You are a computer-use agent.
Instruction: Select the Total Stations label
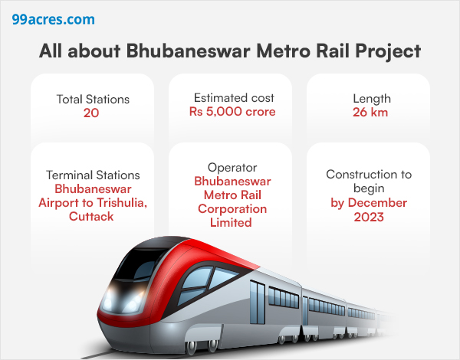point(93,99)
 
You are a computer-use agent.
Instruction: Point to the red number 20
point(92,113)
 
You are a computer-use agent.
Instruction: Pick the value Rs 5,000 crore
point(232,112)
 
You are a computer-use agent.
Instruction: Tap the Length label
point(372,99)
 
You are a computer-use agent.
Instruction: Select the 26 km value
point(370,113)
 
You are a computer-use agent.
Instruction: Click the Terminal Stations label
point(93,175)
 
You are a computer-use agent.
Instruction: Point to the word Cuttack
point(87,217)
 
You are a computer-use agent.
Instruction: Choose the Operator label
point(231,167)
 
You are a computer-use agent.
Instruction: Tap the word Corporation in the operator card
point(231,209)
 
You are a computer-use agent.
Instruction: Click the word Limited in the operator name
point(231,223)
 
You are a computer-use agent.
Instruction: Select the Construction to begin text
point(369,182)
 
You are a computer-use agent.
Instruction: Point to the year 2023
point(369,217)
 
